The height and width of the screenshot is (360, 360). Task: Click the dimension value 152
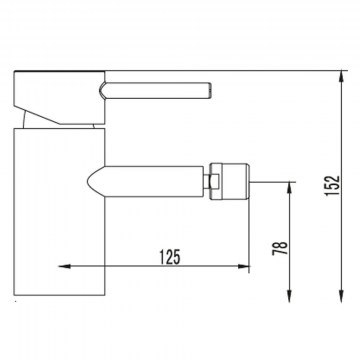coord(333,185)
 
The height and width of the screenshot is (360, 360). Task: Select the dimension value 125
coord(170,257)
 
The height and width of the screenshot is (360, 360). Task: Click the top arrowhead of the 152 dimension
coord(341,77)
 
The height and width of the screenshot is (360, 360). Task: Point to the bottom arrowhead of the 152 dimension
coord(341,296)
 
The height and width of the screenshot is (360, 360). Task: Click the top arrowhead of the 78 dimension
coord(289,188)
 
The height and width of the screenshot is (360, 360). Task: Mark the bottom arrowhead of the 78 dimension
coord(289,296)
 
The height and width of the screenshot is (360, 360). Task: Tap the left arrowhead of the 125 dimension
coord(65,266)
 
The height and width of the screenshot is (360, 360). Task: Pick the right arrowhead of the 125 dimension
coord(243,266)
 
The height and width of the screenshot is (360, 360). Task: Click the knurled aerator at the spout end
coord(231,182)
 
